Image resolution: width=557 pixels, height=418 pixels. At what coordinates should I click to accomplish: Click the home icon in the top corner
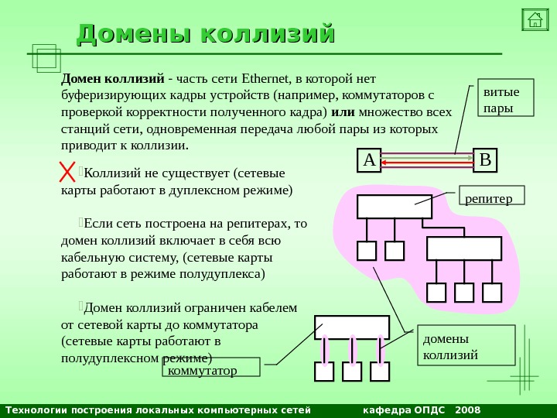(535, 19)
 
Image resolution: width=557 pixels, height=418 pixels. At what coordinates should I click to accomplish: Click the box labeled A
(369, 160)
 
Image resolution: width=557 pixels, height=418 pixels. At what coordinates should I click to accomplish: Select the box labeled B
(485, 160)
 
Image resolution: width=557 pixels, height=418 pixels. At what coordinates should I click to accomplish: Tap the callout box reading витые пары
(505, 97)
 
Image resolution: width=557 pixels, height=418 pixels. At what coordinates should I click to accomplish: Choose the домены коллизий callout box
(466, 344)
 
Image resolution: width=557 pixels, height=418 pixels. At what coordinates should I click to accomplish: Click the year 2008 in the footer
(468, 409)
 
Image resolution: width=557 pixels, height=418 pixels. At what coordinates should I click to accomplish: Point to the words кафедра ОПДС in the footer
(404, 409)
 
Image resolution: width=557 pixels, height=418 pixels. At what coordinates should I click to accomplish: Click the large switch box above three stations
(351, 327)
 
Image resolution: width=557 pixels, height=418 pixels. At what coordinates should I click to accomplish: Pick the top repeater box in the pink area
(394, 207)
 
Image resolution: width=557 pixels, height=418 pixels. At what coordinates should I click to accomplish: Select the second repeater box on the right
(464, 248)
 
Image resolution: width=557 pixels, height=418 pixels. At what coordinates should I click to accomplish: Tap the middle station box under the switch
(352, 372)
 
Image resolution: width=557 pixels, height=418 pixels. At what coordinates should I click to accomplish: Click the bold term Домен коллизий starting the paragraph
(113, 78)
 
